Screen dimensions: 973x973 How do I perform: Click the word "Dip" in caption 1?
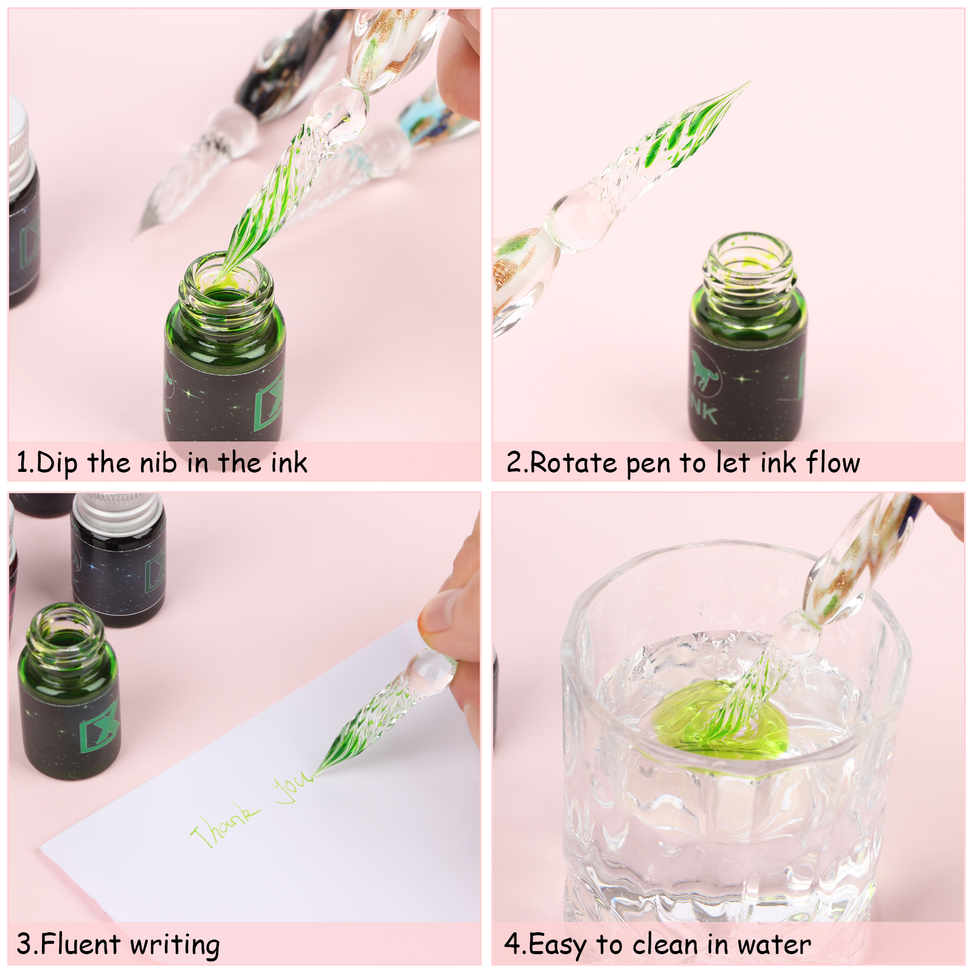pos(57,463)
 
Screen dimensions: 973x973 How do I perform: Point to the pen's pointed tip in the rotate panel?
pos(749,83)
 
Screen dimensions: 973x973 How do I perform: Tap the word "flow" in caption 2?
pos(834,462)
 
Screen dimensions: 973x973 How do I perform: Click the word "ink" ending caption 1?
pos(289,463)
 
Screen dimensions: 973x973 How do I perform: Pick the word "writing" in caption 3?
pos(175,946)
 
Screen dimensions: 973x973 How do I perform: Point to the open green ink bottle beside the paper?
pos(69,691)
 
